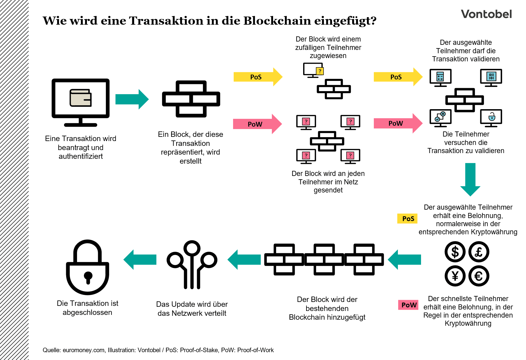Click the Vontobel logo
[x=486, y=14]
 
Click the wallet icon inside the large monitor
[x=80, y=98]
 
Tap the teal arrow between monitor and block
[x=132, y=99]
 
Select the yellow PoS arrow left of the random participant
[x=257, y=77]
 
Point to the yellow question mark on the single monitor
[x=320, y=71]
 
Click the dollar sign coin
[x=455, y=252]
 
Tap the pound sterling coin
[x=479, y=252]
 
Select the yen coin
[x=455, y=276]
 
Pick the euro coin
[x=479, y=276]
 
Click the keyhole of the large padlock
[x=88, y=277]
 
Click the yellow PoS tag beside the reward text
[x=408, y=219]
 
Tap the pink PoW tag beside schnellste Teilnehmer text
[x=408, y=305]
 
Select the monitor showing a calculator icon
[x=440, y=77]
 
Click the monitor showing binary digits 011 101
[x=491, y=77]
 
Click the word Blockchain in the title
[x=277, y=21]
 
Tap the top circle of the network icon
[x=192, y=248]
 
